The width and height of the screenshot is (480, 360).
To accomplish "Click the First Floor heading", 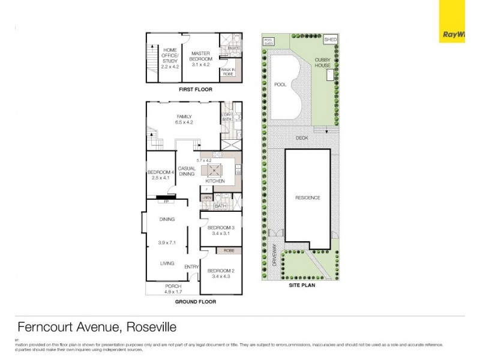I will (x=196, y=89).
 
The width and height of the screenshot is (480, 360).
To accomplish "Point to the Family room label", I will (x=184, y=119).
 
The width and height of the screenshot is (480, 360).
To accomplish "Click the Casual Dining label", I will (x=187, y=172).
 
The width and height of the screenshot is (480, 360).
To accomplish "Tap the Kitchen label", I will (x=215, y=181).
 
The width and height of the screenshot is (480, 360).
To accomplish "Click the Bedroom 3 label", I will (x=220, y=230).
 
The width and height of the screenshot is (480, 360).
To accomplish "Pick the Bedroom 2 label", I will (x=220, y=274).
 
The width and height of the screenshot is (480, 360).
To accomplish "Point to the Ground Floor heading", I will (x=196, y=302).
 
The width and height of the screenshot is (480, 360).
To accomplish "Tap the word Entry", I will (x=192, y=267).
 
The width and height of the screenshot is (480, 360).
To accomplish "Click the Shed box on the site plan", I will (x=330, y=40).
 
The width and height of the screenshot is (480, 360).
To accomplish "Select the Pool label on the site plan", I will (x=280, y=85).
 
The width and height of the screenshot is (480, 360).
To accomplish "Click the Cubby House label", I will (x=323, y=62).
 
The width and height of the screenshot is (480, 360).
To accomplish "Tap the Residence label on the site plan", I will (x=307, y=197).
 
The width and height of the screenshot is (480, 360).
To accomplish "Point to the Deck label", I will (x=302, y=138).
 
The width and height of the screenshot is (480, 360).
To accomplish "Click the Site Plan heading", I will (x=302, y=286).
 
